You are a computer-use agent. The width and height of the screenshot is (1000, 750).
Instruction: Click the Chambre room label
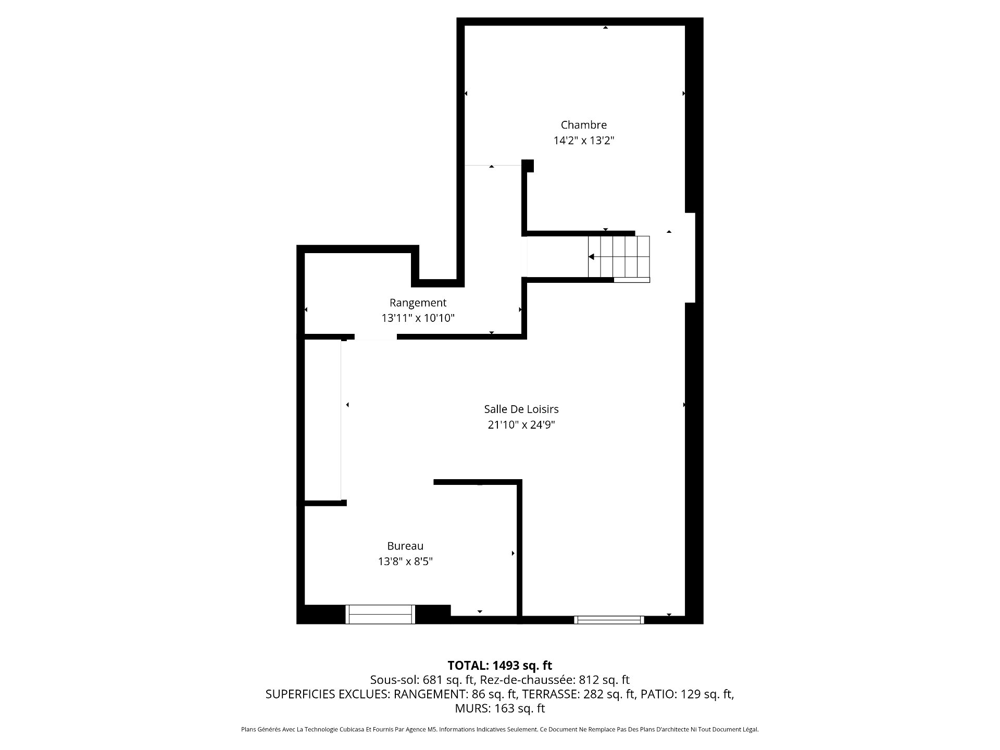point(583,125)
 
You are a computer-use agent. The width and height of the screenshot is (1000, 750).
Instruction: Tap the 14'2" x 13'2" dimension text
point(584,141)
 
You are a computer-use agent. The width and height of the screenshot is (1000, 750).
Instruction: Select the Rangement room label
point(418,303)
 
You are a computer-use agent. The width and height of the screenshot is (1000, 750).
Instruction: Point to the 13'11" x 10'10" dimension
point(418,318)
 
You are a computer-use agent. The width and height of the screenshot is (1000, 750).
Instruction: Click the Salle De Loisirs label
point(521,409)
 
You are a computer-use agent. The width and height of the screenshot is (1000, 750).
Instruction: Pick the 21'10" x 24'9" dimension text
point(521,425)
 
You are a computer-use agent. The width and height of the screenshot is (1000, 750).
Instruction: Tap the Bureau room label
point(405,546)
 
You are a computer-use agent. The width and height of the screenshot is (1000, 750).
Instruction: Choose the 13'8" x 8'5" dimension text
point(405,561)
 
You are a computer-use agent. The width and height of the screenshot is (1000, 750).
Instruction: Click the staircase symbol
point(619,257)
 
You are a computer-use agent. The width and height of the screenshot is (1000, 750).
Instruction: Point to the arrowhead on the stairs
point(591,257)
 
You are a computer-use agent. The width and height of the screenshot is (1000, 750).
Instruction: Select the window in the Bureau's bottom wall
point(380,614)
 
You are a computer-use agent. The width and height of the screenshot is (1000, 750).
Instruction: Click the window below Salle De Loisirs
point(609,620)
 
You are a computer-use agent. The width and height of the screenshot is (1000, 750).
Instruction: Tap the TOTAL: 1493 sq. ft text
point(500,666)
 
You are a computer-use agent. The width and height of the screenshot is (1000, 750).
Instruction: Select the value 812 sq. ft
point(604,680)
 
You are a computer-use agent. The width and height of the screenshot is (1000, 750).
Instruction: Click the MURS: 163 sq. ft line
point(500,708)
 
